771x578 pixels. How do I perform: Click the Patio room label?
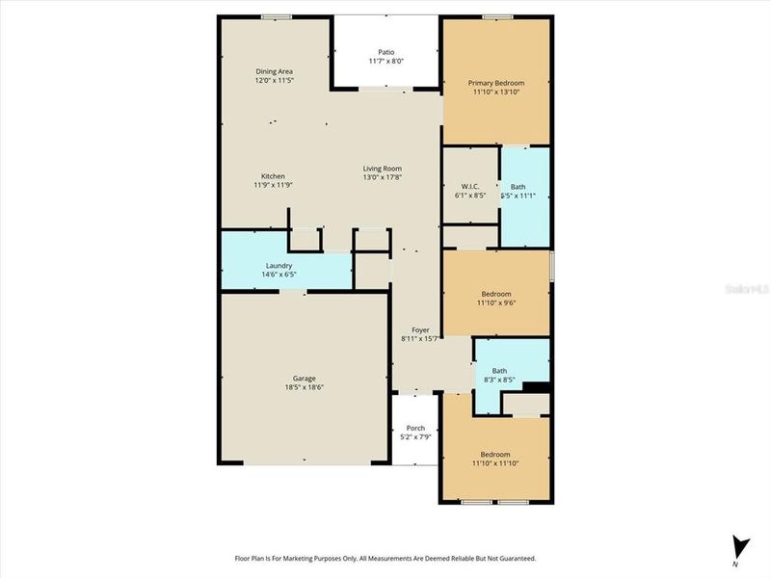point(385,52)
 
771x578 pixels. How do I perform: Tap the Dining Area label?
point(274,71)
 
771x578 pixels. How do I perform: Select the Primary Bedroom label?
point(495,83)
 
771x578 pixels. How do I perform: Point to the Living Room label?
point(382,169)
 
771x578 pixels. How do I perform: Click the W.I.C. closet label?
point(470,186)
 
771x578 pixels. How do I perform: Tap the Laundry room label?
point(279,266)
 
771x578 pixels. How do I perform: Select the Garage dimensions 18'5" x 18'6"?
point(305,387)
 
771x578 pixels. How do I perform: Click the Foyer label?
point(420,329)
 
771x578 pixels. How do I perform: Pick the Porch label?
point(415,428)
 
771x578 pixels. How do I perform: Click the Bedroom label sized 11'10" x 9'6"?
point(495,294)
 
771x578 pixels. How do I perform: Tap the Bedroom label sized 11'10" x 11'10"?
point(495,455)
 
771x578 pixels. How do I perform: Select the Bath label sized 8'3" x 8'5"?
point(499,371)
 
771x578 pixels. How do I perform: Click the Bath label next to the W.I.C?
point(518,186)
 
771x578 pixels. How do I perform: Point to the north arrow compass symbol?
point(738,547)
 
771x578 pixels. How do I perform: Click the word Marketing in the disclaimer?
point(315,558)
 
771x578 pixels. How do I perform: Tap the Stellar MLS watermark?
point(752,287)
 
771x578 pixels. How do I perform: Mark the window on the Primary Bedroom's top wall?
point(496,15)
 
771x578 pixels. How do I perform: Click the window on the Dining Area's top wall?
point(277,15)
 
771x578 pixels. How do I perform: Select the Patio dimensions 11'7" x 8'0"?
point(385,62)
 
